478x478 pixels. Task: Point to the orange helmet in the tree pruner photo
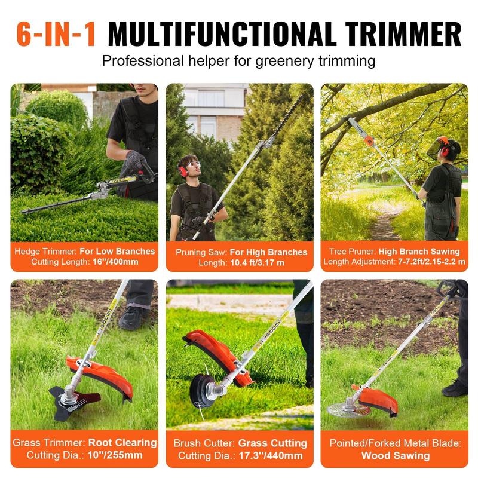tap(443, 143)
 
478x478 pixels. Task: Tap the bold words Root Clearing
tap(122, 443)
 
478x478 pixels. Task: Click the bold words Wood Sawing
tap(396, 455)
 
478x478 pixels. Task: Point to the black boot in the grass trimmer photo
tap(133, 317)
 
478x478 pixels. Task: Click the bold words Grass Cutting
tap(272, 443)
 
